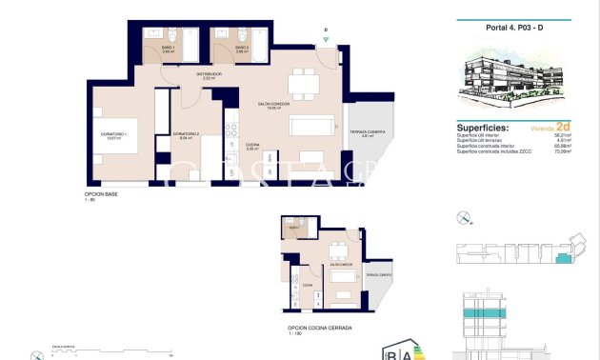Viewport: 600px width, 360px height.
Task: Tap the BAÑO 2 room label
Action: pyautogui.click(x=242, y=49)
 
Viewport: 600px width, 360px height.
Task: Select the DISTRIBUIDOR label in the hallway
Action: pyautogui.click(x=210, y=75)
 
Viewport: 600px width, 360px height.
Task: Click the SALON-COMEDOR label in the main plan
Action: pyautogui.click(x=273, y=105)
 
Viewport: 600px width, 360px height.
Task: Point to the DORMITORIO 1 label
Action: pyautogui.click(x=113, y=135)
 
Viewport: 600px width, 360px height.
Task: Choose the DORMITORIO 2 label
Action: pyautogui.click(x=186, y=135)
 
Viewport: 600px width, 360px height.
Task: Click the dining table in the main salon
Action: pyautogui.click(x=305, y=83)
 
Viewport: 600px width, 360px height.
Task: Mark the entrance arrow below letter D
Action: pyautogui.click(x=326, y=40)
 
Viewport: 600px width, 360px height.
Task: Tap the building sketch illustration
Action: pyautogui.click(x=525, y=81)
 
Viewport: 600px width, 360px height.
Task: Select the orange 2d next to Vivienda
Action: pyautogui.click(x=563, y=126)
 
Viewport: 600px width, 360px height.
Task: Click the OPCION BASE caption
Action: pyautogui.click(x=101, y=194)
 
